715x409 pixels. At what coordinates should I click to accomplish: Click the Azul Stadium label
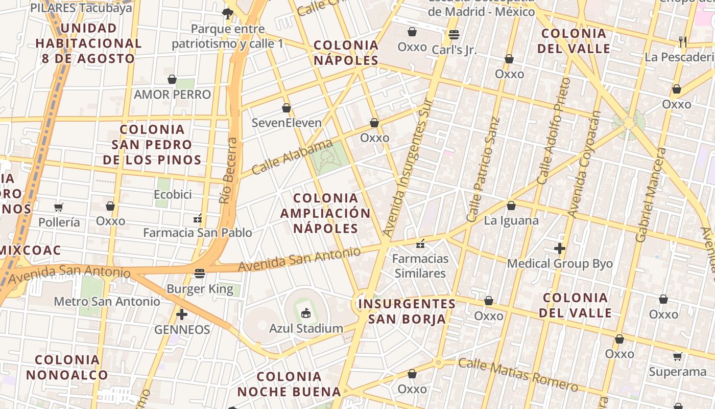point(306,328)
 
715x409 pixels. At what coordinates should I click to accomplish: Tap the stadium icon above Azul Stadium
point(306,313)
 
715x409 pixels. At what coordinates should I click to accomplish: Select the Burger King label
point(200,289)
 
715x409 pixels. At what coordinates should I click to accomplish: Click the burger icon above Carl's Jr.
point(454,35)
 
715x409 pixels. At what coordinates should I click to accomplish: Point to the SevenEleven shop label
point(287,123)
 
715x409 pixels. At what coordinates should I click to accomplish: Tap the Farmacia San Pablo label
point(197,233)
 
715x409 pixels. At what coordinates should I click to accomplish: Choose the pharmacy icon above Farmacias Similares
point(420,244)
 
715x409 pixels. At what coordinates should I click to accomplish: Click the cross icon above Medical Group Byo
point(560,249)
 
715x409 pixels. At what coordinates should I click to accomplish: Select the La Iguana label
point(511,220)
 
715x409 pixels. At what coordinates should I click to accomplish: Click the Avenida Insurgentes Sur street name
point(408,169)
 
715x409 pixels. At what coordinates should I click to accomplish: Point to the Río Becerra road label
point(228,171)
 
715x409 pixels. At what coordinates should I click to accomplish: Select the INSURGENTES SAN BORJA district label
point(407,311)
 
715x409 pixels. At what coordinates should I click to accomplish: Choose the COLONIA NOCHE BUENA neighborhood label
point(289,384)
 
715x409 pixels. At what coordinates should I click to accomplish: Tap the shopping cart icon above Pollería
point(59,207)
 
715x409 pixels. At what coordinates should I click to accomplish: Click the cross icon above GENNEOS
point(181,314)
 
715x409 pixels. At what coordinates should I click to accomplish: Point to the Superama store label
point(677,372)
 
